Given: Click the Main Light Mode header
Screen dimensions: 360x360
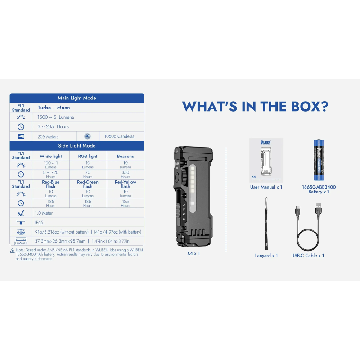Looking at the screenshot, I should point(77,98).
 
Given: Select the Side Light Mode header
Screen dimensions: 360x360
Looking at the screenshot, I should point(77,146).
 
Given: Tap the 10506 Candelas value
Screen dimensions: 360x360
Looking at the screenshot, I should point(119,136).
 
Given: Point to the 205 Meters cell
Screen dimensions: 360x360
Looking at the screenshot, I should point(48,136).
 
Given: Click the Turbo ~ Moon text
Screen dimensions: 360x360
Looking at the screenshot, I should point(54,108).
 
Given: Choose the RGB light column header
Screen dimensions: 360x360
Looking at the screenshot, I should point(88,156).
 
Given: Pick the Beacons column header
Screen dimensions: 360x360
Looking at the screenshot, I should point(125,156).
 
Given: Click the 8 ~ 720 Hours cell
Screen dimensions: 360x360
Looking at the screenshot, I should point(51,174).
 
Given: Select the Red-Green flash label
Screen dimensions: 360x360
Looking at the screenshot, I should point(88,184).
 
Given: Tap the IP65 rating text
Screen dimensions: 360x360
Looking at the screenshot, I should point(41,222).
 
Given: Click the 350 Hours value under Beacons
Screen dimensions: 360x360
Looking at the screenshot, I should point(125,174).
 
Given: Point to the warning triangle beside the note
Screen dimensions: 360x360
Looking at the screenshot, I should point(12,251).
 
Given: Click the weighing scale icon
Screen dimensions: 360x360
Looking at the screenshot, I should point(21,231).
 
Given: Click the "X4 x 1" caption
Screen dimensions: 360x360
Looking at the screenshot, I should point(193,253).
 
